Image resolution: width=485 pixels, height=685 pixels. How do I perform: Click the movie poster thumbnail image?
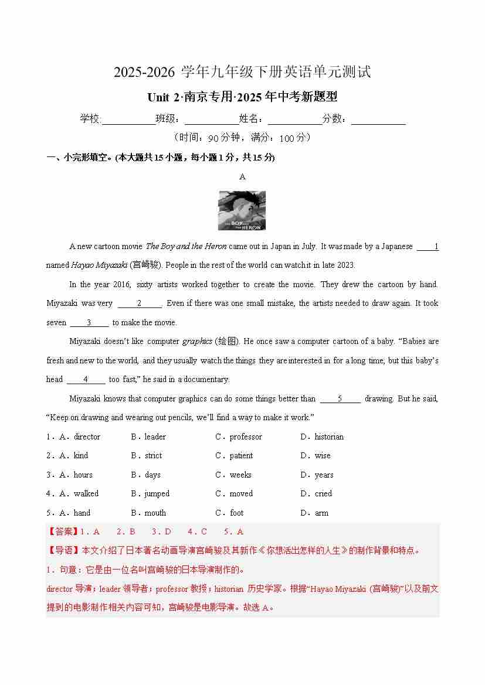coord(242,210)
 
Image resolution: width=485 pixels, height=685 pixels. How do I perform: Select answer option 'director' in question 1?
coord(87,437)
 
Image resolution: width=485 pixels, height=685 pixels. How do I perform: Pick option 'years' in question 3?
coord(324,475)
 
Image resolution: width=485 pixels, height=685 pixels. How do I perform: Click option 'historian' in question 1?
coord(329,437)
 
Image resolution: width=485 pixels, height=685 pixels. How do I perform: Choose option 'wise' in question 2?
coord(323,455)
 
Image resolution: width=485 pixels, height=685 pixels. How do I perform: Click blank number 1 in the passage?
coord(428,247)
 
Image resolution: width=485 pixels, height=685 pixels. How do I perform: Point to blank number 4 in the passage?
coord(86,380)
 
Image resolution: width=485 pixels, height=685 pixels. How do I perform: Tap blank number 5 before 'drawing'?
coord(340,399)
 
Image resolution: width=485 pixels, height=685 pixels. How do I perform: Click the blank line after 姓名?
coord(295,120)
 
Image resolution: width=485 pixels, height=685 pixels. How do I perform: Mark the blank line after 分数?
coord(378,120)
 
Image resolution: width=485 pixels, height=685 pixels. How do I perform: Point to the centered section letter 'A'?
coord(242,176)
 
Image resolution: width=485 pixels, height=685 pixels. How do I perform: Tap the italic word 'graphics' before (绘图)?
coord(197,342)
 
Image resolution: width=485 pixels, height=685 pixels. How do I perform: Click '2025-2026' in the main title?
coord(144,73)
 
